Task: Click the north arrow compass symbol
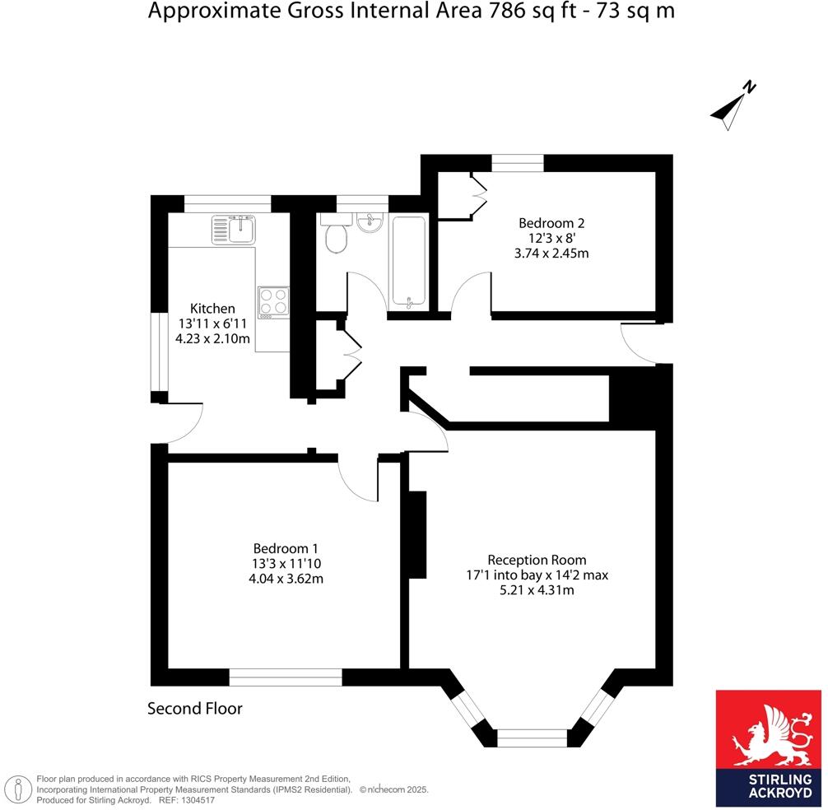tap(733, 105)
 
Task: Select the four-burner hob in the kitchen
tap(273, 302)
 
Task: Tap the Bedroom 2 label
tap(551, 223)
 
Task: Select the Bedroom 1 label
tap(286, 548)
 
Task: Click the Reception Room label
tap(537, 559)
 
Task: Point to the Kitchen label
tap(213, 308)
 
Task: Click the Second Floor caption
tap(195, 708)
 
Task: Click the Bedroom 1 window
tap(286, 677)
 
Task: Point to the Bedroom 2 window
tap(518, 163)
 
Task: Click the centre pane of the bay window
tap(532, 738)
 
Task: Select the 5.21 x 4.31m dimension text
tap(537, 590)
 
